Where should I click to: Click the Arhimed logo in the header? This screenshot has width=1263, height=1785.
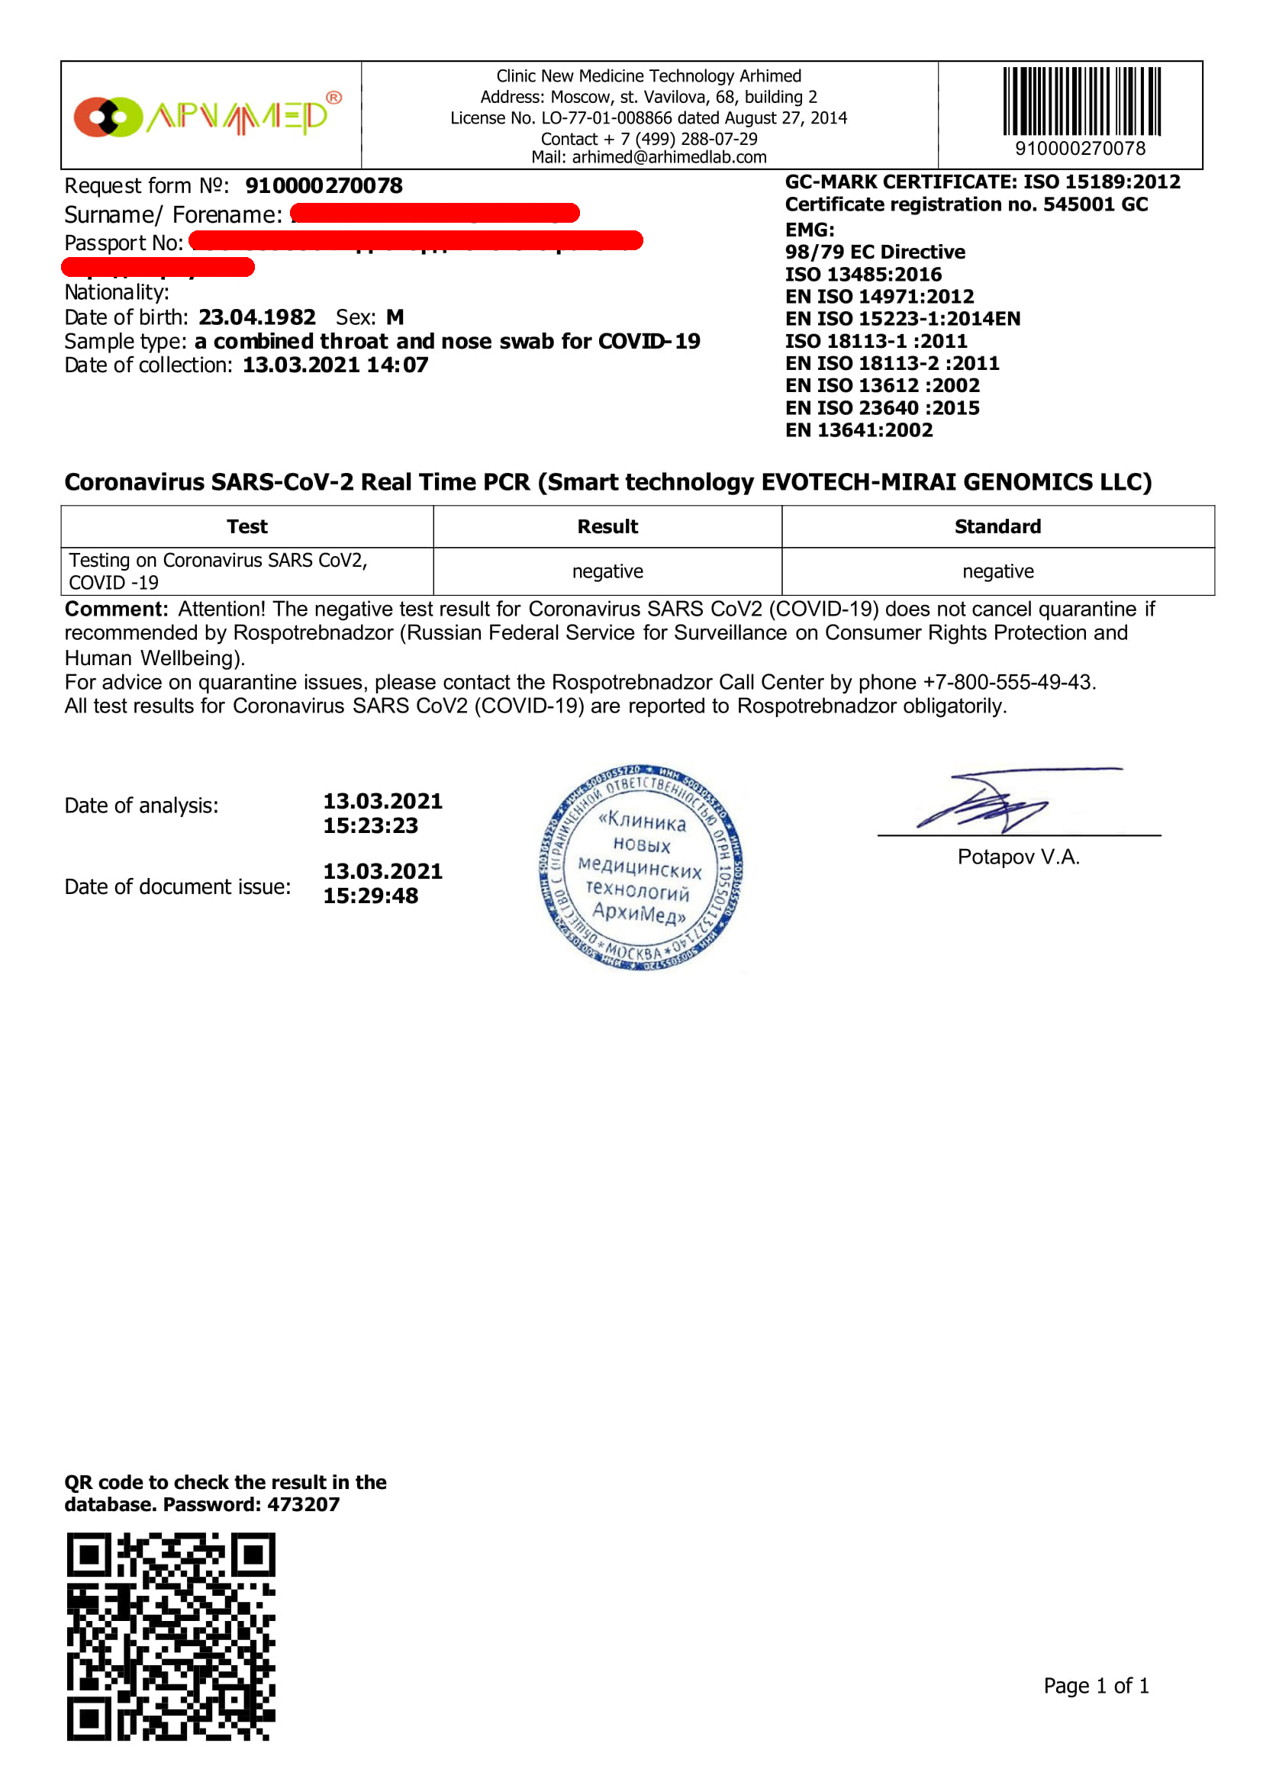tap(207, 117)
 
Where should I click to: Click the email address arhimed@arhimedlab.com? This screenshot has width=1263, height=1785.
tap(669, 158)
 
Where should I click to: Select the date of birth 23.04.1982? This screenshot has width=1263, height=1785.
tap(256, 318)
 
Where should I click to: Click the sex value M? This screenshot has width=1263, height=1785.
tap(395, 318)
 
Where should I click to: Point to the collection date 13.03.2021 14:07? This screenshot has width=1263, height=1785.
tap(335, 365)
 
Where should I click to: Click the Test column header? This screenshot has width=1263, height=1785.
tap(246, 527)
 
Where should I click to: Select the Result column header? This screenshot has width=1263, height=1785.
tap(607, 527)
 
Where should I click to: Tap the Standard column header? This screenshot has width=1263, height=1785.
tap(997, 527)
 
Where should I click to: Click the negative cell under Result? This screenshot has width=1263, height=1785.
tap(607, 572)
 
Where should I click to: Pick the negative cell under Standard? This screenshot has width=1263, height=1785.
tap(997, 572)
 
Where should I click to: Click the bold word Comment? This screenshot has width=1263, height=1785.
tap(116, 609)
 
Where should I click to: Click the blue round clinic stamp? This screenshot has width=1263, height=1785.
tap(641, 867)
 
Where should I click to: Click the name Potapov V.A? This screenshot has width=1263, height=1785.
tap(1018, 857)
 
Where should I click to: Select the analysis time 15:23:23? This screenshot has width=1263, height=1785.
tap(371, 826)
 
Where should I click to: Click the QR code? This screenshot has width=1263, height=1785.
tap(170, 1637)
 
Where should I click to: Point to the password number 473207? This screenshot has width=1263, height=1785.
tap(303, 1505)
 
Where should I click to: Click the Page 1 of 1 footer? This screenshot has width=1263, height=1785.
tap(1096, 1687)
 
